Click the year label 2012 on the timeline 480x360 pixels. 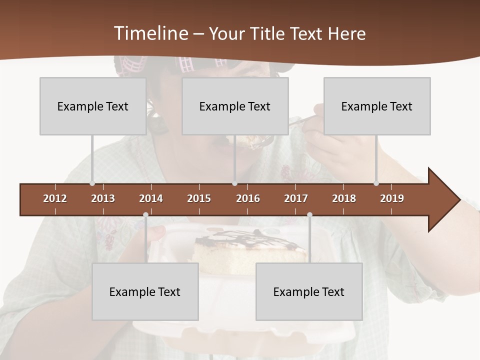(55, 198)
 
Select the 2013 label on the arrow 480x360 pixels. (103, 198)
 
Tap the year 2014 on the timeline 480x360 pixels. (151, 198)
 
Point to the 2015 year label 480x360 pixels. (199, 198)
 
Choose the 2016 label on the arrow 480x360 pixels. (248, 198)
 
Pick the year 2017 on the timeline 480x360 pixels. (296, 198)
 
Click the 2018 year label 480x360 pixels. (344, 198)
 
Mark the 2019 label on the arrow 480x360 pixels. (392, 198)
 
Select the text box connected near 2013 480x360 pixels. (93, 106)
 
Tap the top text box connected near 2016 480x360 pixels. (235, 106)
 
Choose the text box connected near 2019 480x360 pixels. (377, 106)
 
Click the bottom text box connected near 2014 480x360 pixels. (145, 291)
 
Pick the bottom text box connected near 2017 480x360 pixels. (309, 291)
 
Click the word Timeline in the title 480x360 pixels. (150, 33)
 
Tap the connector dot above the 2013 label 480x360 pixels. (92, 183)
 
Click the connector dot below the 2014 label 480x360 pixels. (145, 214)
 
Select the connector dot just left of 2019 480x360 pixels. (376, 183)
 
